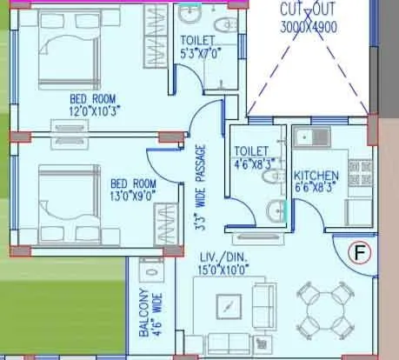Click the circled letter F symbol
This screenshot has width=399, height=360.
(x=359, y=253)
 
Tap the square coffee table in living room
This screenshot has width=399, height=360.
(x=229, y=310)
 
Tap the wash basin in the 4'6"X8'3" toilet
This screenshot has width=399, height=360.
(x=276, y=210)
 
